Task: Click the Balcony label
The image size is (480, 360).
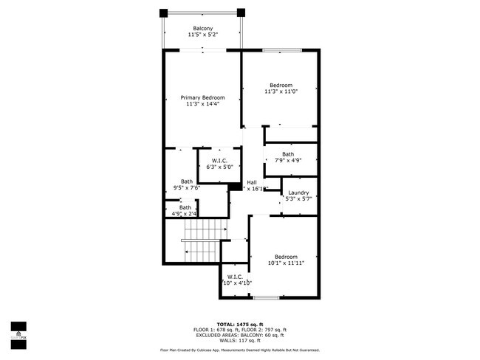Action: (x=202, y=28)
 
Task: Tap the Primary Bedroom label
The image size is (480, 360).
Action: (x=202, y=97)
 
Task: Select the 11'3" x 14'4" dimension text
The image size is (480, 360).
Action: (x=202, y=105)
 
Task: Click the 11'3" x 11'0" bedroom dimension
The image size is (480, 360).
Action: (x=281, y=91)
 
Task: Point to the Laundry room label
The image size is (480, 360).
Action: (x=298, y=193)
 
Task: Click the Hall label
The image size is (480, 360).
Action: (x=252, y=182)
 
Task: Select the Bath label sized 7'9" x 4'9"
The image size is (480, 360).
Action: (x=287, y=154)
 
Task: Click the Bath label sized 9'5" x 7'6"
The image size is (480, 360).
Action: (x=187, y=181)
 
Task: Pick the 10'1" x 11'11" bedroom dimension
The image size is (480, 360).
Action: (x=285, y=263)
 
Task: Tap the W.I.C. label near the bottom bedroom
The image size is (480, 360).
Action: (x=235, y=277)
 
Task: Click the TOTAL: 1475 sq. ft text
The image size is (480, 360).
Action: (x=239, y=324)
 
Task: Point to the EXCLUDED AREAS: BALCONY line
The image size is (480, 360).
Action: (x=239, y=335)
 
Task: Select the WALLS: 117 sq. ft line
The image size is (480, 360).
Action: (x=239, y=340)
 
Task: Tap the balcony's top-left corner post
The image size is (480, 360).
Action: (x=164, y=12)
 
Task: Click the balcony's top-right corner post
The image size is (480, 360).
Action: (x=240, y=12)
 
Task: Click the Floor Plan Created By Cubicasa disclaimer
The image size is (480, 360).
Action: (x=239, y=350)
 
